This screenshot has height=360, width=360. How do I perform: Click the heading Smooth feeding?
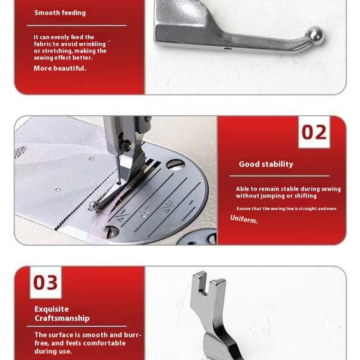[x=60, y=12]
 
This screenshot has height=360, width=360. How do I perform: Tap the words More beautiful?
[x=60, y=68]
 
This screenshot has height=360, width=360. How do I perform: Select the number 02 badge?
[x=314, y=132]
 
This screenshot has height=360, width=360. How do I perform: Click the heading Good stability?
[x=265, y=164]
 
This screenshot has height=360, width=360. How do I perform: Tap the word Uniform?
[x=244, y=219]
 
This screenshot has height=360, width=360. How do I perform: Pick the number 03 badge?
[x=45, y=283]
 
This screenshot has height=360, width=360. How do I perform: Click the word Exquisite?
[x=52, y=309]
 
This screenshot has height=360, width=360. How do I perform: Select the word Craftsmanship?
[x=62, y=318]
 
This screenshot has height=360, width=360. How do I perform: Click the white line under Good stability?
[x=279, y=176]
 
